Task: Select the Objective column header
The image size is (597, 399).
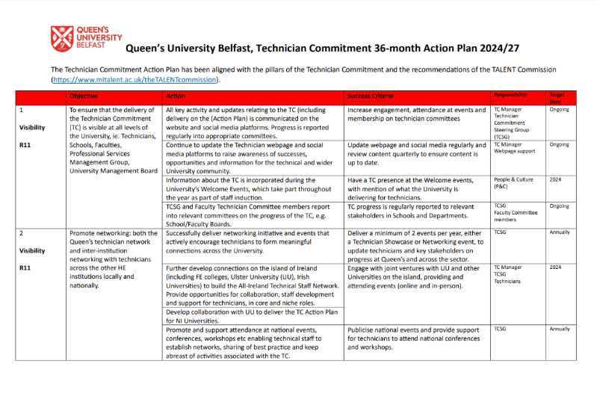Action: pos(83,96)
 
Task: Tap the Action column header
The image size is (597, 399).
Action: pos(176,96)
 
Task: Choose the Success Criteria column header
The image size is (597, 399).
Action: pos(371,96)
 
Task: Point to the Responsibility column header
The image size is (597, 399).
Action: pos(510,96)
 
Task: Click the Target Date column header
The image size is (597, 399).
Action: pos(557,98)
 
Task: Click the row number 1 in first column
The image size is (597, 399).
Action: pos(21,110)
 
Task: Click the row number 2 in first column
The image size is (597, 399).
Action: pos(21,233)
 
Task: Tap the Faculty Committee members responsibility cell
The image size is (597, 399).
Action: pos(515,212)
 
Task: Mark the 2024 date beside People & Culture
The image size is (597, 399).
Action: pos(555,180)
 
